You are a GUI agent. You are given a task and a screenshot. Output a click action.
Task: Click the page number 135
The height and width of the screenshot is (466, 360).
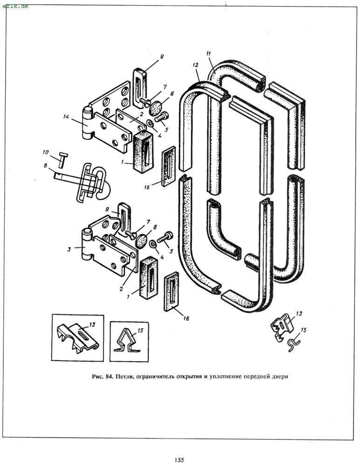click(179, 460)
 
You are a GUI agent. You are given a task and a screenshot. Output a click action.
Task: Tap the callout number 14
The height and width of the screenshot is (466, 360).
click(66, 117)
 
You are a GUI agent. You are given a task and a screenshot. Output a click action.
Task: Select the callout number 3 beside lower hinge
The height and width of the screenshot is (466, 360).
click(69, 249)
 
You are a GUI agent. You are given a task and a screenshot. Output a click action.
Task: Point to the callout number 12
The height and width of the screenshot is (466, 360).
click(195, 65)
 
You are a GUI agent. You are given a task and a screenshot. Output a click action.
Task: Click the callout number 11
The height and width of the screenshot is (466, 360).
click(209, 54)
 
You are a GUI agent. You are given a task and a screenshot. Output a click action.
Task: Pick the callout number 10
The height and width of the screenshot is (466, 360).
click(46, 152)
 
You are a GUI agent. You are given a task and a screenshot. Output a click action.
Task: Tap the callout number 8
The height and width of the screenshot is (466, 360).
click(46, 165)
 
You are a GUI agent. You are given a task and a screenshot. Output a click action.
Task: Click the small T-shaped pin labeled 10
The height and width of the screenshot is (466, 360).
click(63, 160)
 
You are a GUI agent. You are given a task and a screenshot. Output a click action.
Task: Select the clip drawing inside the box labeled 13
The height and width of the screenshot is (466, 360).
click(78, 338)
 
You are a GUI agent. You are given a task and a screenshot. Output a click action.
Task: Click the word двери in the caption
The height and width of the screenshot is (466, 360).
click(279, 377)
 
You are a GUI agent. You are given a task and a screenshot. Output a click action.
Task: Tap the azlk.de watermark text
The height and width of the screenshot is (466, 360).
click(15, 6)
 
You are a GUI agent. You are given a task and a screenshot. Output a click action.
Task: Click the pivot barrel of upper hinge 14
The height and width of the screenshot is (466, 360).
click(87, 123)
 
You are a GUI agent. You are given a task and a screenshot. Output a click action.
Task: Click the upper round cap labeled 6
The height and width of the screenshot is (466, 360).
click(155, 108)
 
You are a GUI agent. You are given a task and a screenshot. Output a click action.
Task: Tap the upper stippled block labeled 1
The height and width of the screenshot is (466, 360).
click(143, 151)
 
